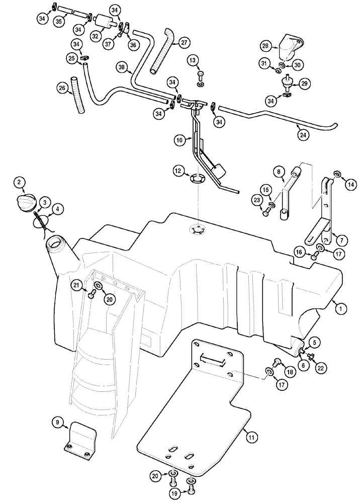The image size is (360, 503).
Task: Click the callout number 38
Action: point(121,66)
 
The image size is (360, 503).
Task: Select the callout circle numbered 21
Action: point(76,285)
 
